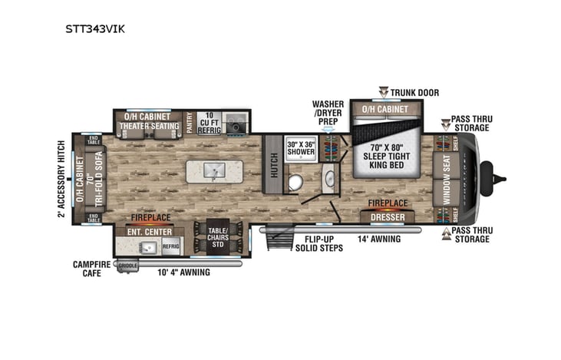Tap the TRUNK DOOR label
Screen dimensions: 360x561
[414, 93]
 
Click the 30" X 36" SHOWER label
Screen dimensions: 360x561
[301, 148]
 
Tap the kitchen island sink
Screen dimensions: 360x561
[215, 170]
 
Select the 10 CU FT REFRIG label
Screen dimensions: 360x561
[210, 123]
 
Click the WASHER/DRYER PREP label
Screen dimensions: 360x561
[328, 114]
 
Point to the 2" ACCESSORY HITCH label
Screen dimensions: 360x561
[61, 179]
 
